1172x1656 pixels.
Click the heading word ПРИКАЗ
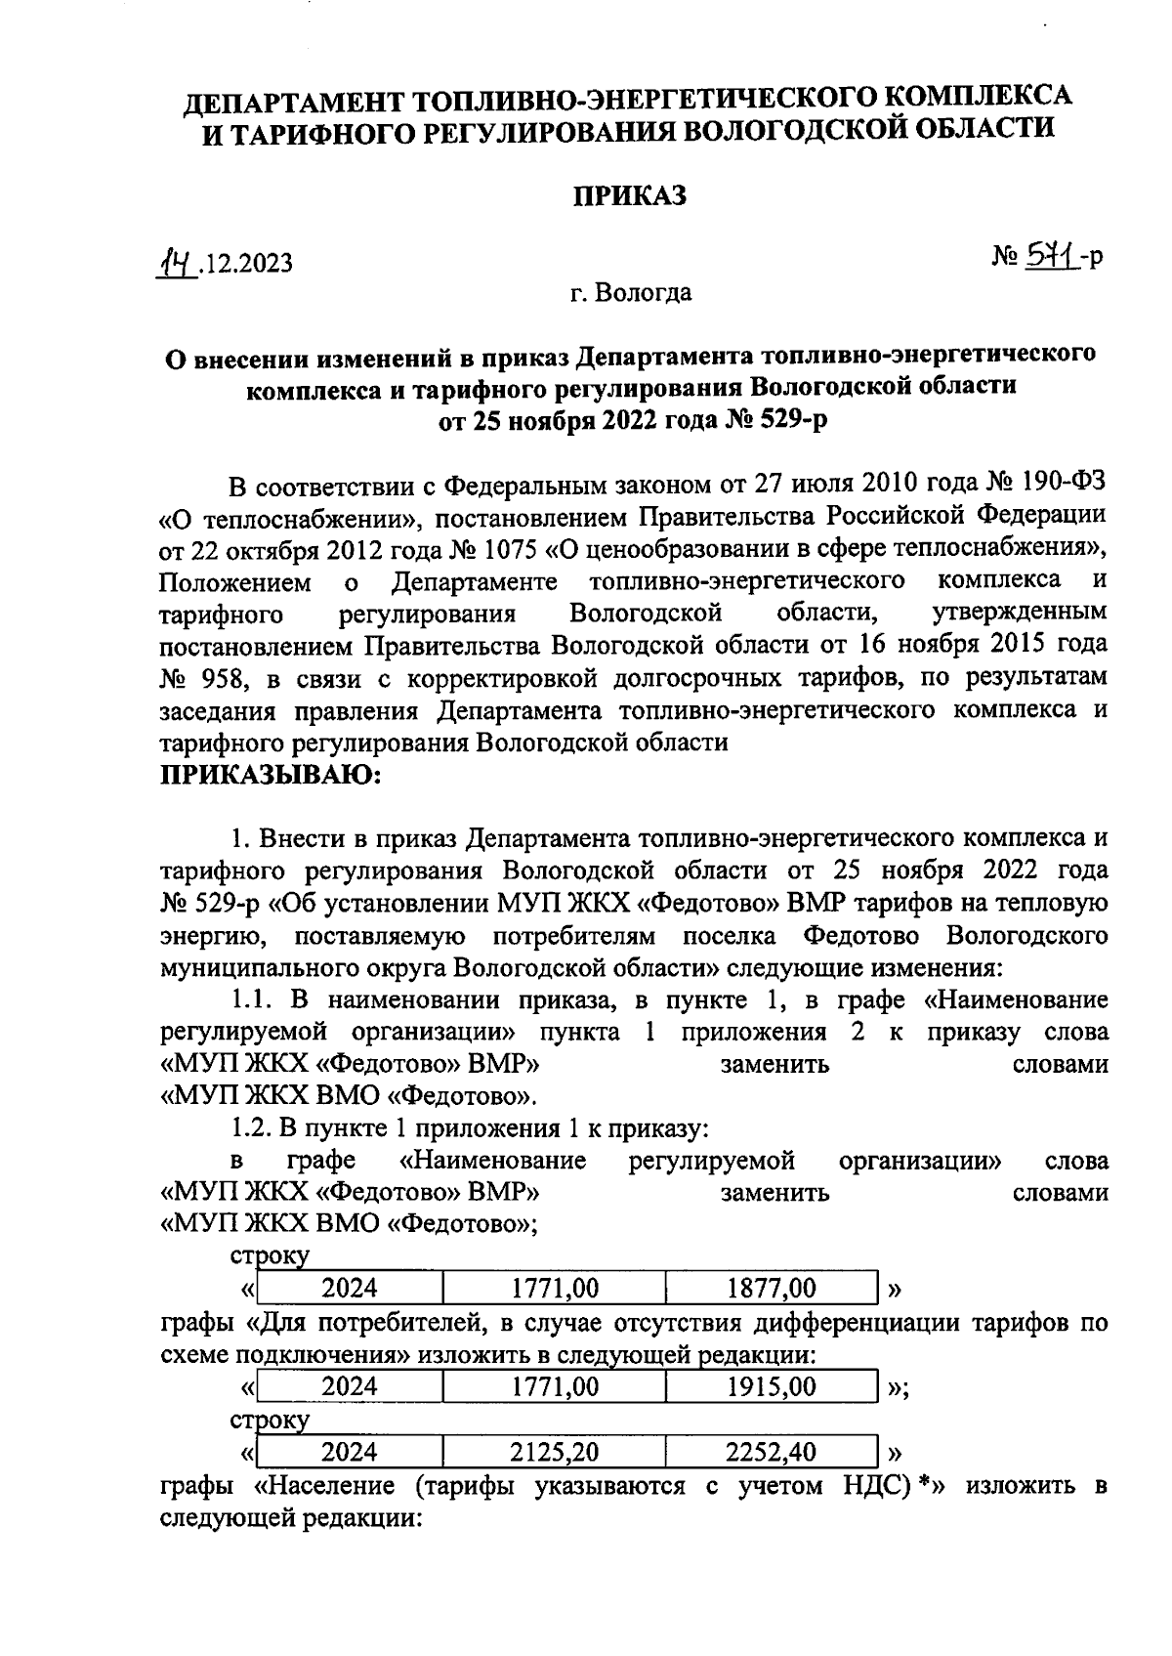(629, 195)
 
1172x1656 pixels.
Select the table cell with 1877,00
(772, 1289)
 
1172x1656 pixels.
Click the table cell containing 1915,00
(772, 1386)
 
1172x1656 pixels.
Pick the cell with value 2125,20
(554, 1452)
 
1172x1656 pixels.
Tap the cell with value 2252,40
(772, 1452)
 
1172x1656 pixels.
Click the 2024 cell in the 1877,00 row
(350, 1289)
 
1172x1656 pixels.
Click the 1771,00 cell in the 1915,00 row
(554, 1386)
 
